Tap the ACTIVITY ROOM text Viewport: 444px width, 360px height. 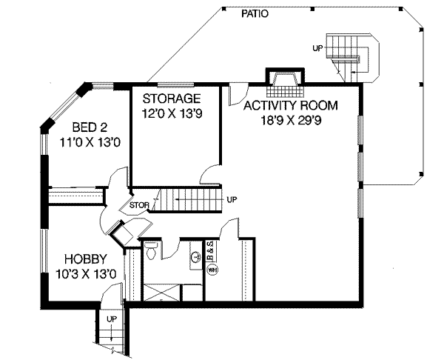291,106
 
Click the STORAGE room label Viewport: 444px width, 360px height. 172,99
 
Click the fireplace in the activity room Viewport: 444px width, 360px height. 284,81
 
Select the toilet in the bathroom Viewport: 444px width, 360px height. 150,250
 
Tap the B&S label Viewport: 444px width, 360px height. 210,250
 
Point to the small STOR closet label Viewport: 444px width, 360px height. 140,204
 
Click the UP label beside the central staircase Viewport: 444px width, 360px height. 232,200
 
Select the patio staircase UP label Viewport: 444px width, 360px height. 317,49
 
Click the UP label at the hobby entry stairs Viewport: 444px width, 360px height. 112,319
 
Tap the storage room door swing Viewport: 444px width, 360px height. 209,174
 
